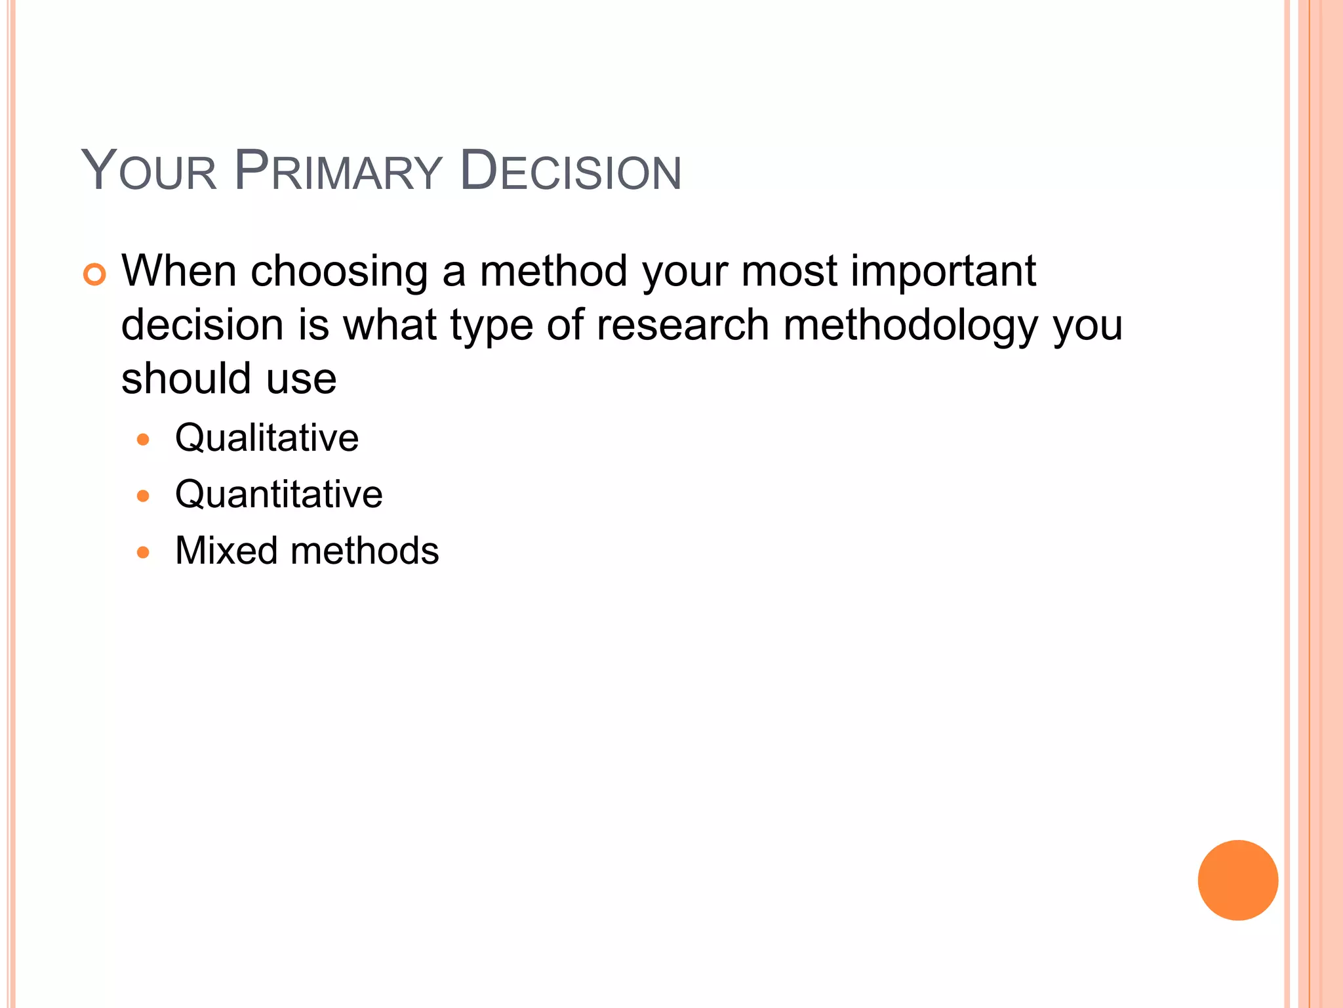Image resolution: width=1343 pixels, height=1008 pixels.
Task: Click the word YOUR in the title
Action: coord(149,171)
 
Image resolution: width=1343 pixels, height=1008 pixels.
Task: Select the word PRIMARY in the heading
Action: coord(338,171)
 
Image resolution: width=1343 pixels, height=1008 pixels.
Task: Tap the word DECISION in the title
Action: coord(571,171)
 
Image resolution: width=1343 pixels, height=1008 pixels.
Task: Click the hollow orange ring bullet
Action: coord(94,274)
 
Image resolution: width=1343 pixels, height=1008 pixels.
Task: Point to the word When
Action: coord(178,270)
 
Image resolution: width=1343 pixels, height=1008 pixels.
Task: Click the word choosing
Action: coord(339,272)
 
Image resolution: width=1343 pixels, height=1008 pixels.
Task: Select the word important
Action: coord(943,272)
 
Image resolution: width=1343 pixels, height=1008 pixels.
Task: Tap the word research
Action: coord(682,325)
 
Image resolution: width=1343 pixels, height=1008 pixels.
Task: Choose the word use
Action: coord(301,380)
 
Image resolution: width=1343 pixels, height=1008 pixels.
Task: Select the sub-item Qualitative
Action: coord(267,438)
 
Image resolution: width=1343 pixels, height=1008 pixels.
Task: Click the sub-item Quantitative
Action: coord(279,494)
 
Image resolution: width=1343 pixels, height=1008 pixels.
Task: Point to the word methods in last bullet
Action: coord(365,551)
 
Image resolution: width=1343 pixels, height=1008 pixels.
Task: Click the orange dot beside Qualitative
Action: coord(143,439)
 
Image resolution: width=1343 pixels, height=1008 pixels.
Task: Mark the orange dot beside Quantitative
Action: coord(143,495)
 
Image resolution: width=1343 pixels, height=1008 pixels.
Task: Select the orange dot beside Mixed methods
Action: coord(143,552)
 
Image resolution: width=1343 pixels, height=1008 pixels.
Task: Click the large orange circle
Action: coord(1237,880)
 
